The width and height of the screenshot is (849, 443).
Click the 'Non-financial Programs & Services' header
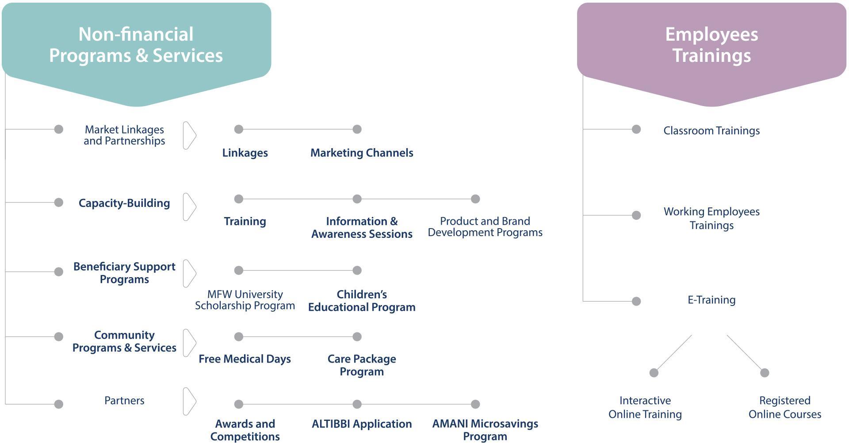(136, 45)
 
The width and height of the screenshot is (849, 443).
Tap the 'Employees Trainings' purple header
(711, 45)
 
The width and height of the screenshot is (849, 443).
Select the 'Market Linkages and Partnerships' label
(124, 135)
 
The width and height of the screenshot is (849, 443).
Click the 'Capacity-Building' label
(124, 203)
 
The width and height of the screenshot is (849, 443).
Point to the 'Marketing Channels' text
(362, 153)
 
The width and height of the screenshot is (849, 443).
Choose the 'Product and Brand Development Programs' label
(485, 227)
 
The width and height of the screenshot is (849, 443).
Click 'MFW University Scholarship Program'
(245, 300)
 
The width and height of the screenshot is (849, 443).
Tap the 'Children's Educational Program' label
(362, 301)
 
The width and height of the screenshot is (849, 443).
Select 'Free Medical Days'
(245, 359)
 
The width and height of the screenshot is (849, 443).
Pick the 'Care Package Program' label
(362, 365)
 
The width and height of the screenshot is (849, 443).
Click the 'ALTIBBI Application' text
(362, 424)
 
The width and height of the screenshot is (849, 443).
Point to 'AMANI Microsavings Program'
(485, 430)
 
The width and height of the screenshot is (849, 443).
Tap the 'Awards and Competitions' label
(245, 430)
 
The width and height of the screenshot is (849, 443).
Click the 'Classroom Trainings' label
(711, 131)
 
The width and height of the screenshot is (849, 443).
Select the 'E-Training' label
(711, 300)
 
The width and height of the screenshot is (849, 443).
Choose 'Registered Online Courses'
(784, 407)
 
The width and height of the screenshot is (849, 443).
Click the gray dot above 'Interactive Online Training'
(654, 373)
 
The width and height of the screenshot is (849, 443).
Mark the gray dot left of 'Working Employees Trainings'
(636, 215)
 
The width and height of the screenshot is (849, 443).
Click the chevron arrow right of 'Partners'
(190, 401)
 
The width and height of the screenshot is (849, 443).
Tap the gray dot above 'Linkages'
(239, 129)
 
